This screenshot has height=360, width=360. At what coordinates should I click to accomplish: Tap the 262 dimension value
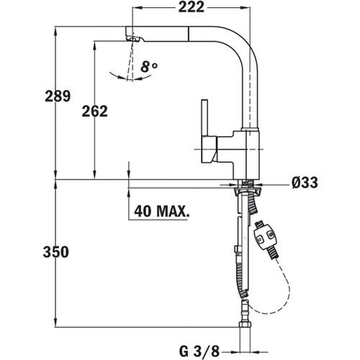(x=95, y=111)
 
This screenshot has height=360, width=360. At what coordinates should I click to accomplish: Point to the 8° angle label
(x=149, y=67)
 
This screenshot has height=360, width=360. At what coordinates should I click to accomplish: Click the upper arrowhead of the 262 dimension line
(x=94, y=43)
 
